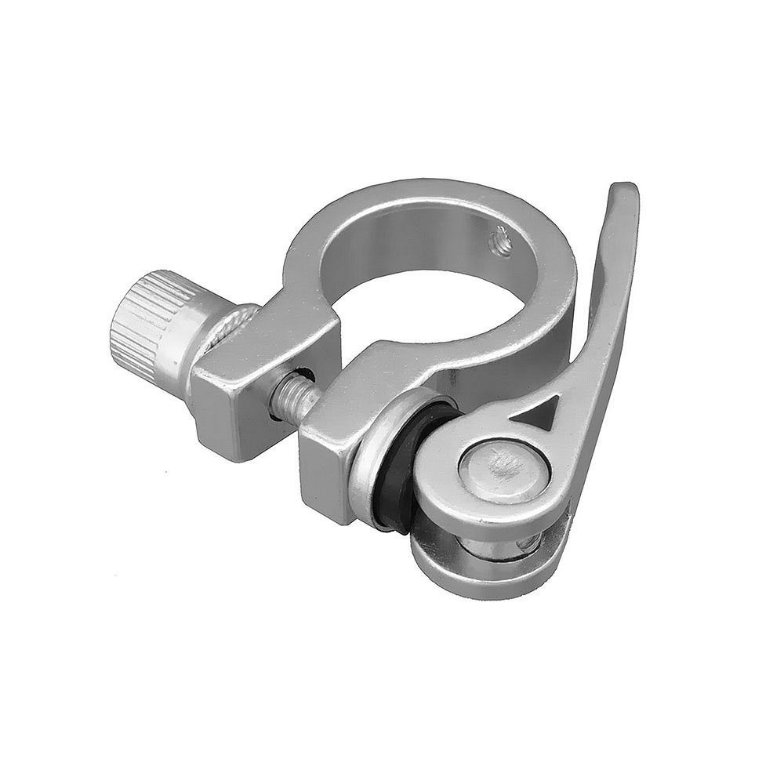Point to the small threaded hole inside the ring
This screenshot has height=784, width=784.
click(x=502, y=240)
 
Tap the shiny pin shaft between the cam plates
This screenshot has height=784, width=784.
click(x=502, y=549)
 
